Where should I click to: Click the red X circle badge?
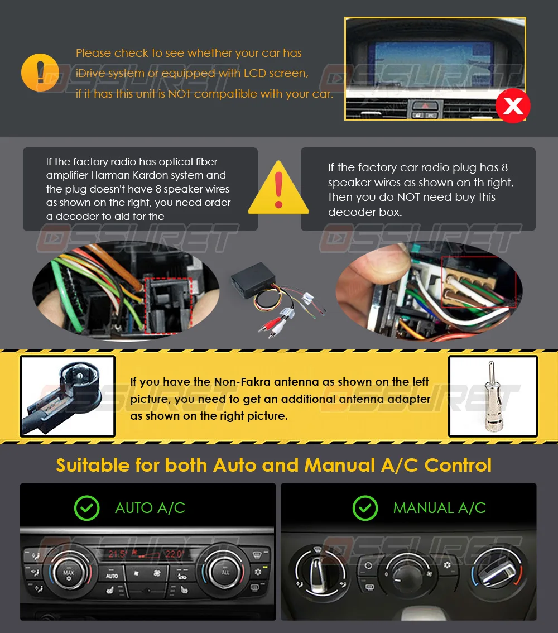click(x=513, y=106)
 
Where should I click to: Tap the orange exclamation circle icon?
click(x=40, y=73)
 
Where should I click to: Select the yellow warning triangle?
click(x=278, y=188)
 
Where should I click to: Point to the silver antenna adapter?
click(x=492, y=396)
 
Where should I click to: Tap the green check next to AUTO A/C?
click(x=86, y=508)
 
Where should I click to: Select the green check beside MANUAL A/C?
click(x=365, y=508)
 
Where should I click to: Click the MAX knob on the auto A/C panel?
click(x=69, y=573)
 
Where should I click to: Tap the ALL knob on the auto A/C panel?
click(x=224, y=572)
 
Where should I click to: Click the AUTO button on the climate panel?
click(x=112, y=576)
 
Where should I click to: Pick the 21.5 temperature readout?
click(x=118, y=554)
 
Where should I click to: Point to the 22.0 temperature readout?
click(x=174, y=554)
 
